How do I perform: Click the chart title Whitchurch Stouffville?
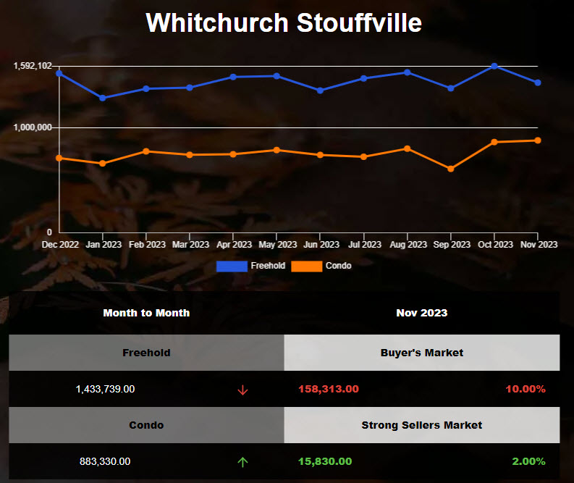[x=284, y=22]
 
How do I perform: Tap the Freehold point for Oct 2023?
[x=494, y=66]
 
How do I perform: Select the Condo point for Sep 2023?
[x=451, y=169]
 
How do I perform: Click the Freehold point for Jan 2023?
[x=103, y=98]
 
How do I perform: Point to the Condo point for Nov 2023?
[x=538, y=140]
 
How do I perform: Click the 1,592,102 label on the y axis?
[x=33, y=66]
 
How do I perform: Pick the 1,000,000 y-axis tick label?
[x=33, y=127]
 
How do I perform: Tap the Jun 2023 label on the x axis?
[x=321, y=245]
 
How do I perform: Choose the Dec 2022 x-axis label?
[x=61, y=245]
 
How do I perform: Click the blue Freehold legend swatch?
[x=232, y=266]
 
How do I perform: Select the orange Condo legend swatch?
[x=306, y=266]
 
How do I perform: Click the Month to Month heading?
[x=146, y=313]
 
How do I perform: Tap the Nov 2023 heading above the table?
[x=422, y=313]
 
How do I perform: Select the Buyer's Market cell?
[x=422, y=353]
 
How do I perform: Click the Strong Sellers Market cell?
[x=422, y=425]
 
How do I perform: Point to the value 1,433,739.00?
[x=105, y=389]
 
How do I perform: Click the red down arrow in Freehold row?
[x=242, y=390]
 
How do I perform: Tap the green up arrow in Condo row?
[x=242, y=462]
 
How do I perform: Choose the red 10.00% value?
[x=526, y=389]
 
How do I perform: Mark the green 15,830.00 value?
[x=325, y=461]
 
